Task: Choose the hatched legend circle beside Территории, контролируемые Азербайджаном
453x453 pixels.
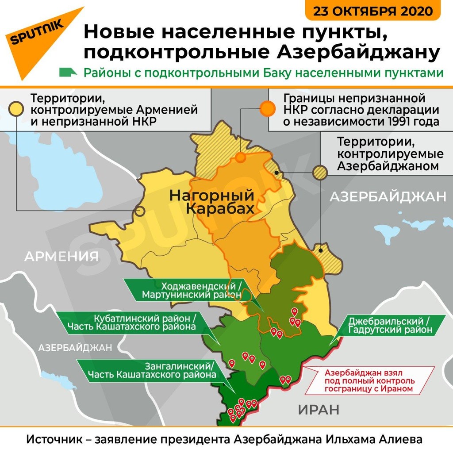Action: (320, 172)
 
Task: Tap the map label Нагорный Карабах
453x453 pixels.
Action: (212, 202)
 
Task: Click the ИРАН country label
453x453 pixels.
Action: (319, 410)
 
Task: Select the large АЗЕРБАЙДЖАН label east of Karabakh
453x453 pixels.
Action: (388, 197)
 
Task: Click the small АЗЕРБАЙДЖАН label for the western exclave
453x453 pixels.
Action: (75, 348)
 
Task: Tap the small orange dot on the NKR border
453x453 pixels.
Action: (241, 157)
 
